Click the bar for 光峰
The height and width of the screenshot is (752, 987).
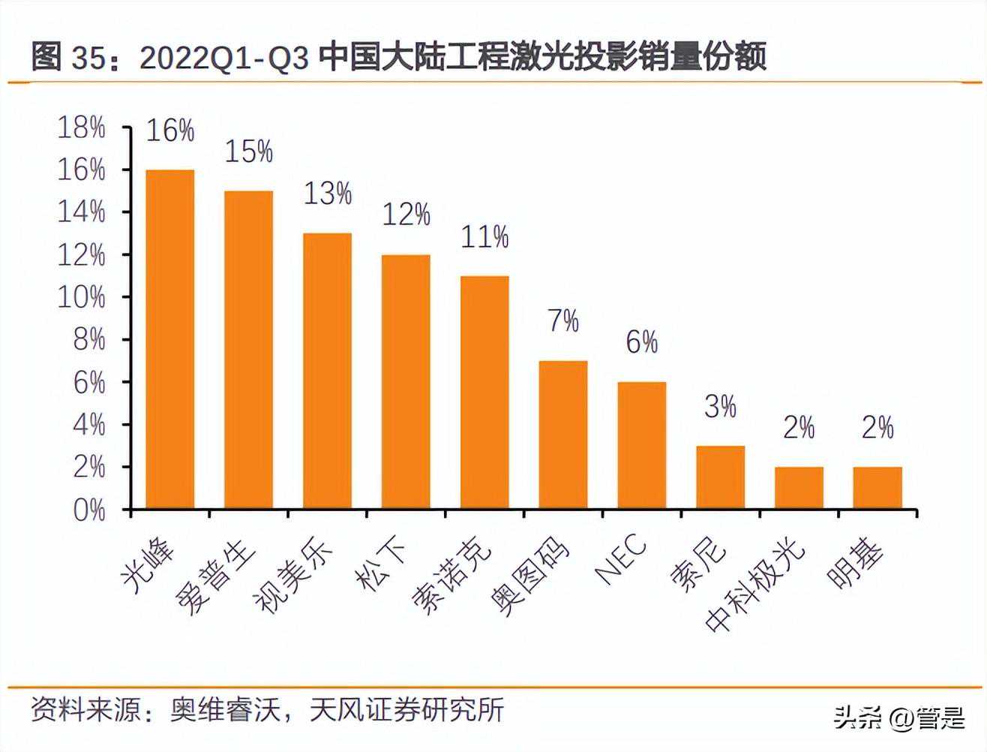170,339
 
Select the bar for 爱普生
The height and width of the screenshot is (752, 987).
249,350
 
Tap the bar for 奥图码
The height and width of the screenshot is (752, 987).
563,435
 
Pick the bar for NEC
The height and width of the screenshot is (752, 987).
642,446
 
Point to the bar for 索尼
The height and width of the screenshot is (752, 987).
721,477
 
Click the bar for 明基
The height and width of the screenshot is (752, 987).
877,488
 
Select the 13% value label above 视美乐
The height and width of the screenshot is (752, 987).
328,194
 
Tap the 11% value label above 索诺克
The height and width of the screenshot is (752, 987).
484,237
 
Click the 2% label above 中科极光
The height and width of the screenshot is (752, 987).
799,428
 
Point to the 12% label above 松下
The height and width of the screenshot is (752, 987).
406,215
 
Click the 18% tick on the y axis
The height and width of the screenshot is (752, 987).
82,128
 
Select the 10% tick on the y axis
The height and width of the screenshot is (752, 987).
82,298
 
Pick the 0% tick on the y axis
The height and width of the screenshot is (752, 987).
88,510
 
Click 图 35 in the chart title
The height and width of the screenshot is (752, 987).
67,57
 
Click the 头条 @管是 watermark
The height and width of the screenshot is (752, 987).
900,719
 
